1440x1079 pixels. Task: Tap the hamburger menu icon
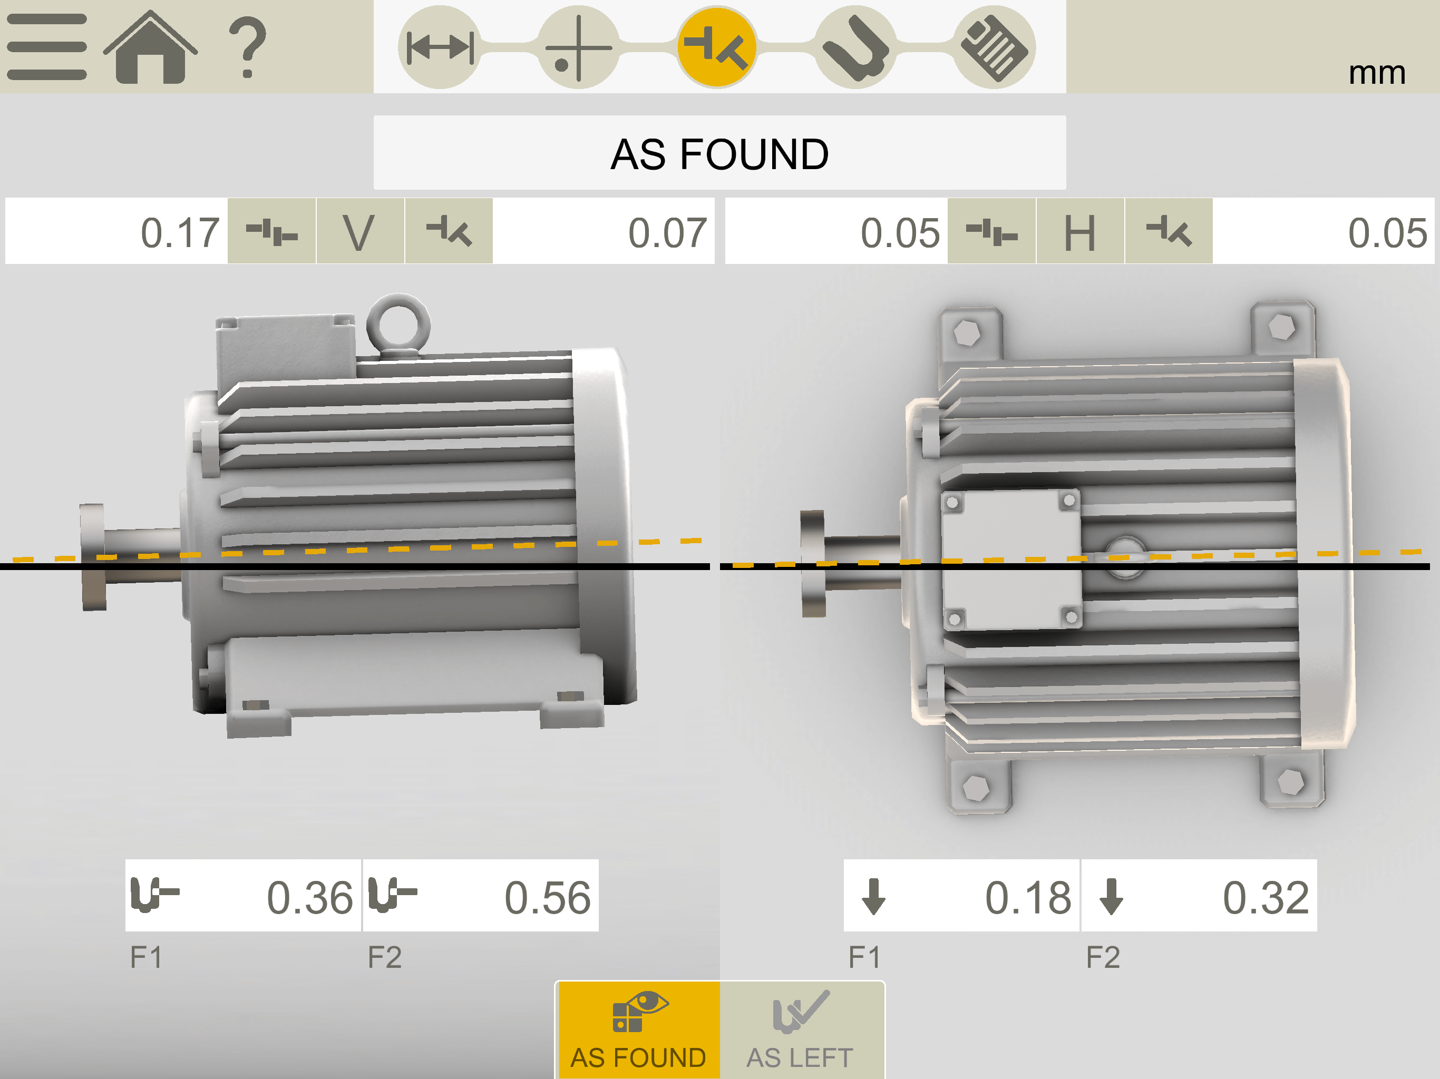click(47, 47)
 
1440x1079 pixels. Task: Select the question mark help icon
click(247, 47)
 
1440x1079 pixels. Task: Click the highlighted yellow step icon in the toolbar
click(717, 47)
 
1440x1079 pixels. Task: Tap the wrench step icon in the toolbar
click(855, 47)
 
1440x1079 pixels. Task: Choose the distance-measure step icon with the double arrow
click(440, 47)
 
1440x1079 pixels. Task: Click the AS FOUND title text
click(719, 154)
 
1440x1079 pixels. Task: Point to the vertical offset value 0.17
click(180, 232)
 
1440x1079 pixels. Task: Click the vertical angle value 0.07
click(667, 232)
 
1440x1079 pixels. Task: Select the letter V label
click(359, 232)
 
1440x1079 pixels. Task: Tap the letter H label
click(1080, 232)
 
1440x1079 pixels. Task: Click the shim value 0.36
click(310, 897)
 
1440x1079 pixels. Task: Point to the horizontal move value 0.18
click(1028, 897)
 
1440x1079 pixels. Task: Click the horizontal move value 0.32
click(1266, 897)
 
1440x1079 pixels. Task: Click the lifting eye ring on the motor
click(398, 323)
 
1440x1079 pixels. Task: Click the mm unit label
click(1377, 72)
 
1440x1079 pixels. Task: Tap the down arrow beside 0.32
click(1111, 897)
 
